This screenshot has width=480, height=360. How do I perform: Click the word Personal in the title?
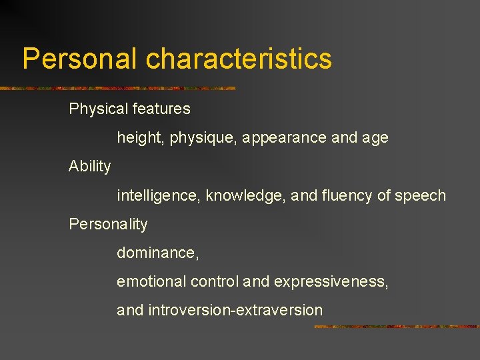(81, 59)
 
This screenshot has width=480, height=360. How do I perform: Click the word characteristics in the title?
(239, 59)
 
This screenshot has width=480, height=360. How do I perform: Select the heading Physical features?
(129, 109)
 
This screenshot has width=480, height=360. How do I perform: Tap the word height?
(140, 138)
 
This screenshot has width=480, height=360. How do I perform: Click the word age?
(375, 138)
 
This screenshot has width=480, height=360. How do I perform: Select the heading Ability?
(90, 166)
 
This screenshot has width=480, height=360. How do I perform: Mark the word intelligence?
(158, 195)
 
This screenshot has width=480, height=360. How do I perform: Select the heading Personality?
(108, 224)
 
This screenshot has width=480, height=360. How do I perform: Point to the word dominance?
(157, 253)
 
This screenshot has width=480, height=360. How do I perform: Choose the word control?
(214, 281)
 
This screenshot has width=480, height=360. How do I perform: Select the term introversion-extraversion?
(235, 310)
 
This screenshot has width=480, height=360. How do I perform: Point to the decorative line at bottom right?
(396, 327)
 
